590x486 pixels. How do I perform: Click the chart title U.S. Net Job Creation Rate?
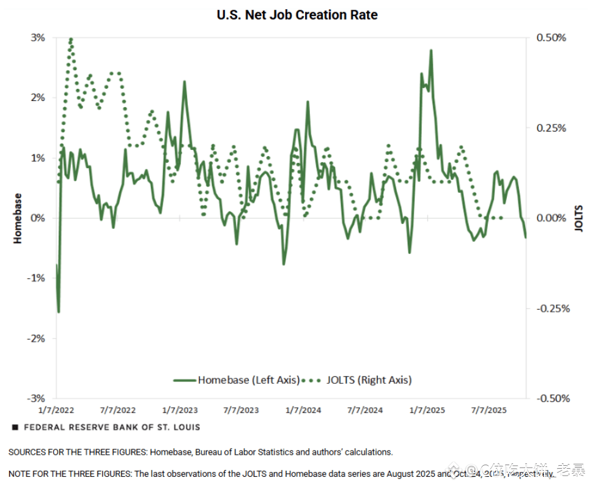(x=297, y=15)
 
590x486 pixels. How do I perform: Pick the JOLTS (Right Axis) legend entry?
(x=357, y=380)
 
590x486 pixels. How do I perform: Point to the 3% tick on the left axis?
(x=38, y=38)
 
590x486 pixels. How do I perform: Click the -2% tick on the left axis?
(x=36, y=338)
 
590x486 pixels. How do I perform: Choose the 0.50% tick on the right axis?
(x=551, y=38)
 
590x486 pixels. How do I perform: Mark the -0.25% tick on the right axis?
(x=553, y=308)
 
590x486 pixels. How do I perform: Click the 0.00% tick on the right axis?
(x=551, y=218)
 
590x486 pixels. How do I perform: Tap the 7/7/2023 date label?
(x=241, y=410)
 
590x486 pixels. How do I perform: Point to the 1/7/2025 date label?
(x=427, y=410)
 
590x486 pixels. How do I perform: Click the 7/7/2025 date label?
(x=488, y=410)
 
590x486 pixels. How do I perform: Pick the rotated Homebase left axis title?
(x=17, y=219)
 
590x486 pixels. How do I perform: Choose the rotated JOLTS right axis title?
(x=579, y=219)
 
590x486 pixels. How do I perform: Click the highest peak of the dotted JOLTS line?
(x=71, y=39)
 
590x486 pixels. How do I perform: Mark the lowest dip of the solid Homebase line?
(x=59, y=312)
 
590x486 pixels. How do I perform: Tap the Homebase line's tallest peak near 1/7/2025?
(x=431, y=51)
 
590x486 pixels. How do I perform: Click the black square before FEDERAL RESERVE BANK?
(x=15, y=427)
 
